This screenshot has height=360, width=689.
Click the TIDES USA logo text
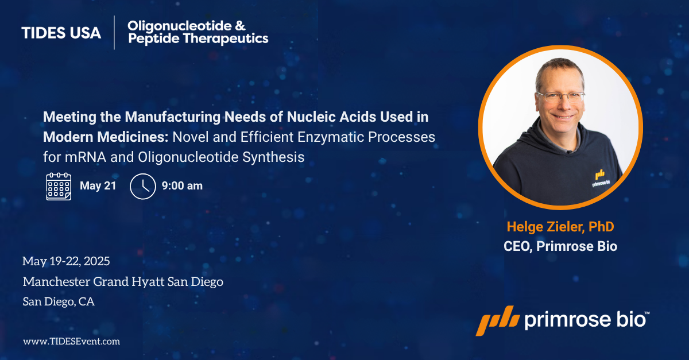61,33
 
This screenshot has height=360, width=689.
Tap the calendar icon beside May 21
59,187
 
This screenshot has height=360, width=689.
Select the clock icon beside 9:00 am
143,186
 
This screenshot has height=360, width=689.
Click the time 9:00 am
182,186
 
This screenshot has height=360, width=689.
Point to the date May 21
98,186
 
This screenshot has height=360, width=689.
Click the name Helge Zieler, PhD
560,227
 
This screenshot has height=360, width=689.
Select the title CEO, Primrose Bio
560,246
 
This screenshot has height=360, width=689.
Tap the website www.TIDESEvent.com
71,341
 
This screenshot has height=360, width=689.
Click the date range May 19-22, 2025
66,261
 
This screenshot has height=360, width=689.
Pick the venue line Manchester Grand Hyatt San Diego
123,282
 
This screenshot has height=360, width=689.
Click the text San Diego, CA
59,301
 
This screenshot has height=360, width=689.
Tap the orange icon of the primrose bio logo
498,320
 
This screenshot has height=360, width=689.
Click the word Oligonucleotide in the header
180,26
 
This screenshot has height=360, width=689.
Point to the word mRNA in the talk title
86,157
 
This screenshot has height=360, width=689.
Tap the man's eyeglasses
560,97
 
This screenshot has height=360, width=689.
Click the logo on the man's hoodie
601,179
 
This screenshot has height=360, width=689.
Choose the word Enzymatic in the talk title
331,137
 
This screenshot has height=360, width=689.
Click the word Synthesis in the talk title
273,157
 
